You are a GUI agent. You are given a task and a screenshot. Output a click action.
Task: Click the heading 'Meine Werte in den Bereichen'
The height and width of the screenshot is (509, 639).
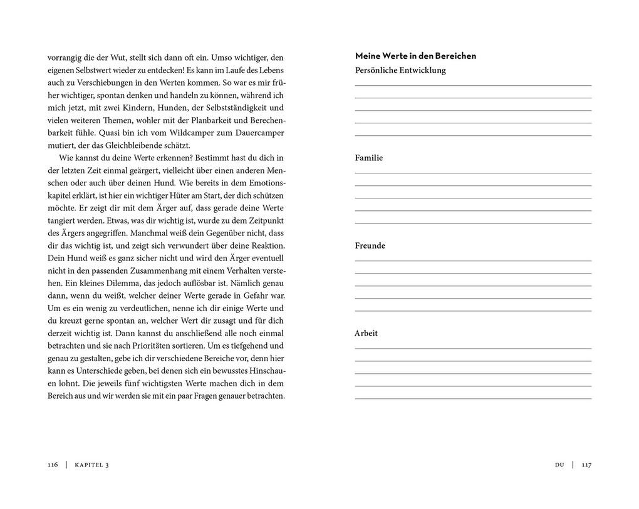pyautogui.click(x=415, y=56)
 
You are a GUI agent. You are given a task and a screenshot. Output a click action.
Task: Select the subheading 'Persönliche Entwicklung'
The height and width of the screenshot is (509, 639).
pyautogui.click(x=400, y=70)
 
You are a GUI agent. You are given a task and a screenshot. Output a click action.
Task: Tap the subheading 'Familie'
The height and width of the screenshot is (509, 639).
pyautogui.click(x=368, y=158)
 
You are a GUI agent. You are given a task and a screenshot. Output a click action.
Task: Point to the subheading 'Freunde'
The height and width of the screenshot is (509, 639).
pyautogui.click(x=370, y=245)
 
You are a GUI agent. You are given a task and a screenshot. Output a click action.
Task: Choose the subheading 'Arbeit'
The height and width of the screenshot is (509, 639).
pyautogui.click(x=366, y=333)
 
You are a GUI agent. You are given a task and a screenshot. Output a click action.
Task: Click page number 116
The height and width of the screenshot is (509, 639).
pyautogui.click(x=53, y=465)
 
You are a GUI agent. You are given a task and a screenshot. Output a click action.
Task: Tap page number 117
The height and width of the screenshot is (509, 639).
pyautogui.click(x=586, y=465)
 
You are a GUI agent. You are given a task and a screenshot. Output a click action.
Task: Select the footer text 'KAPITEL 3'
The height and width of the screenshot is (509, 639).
pyautogui.click(x=91, y=465)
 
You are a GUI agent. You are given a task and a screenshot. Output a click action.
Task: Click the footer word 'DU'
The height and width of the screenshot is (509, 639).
pyautogui.click(x=559, y=465)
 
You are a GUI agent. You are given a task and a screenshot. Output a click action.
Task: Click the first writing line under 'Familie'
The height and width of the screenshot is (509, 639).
pyautogui.click(x=473, y=172)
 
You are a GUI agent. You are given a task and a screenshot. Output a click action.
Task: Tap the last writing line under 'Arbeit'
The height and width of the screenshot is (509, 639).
pyautogui.click(x=473, y=398)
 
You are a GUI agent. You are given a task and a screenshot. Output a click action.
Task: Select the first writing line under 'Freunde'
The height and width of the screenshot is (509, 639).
pyautogui.click(x=473, y=260)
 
